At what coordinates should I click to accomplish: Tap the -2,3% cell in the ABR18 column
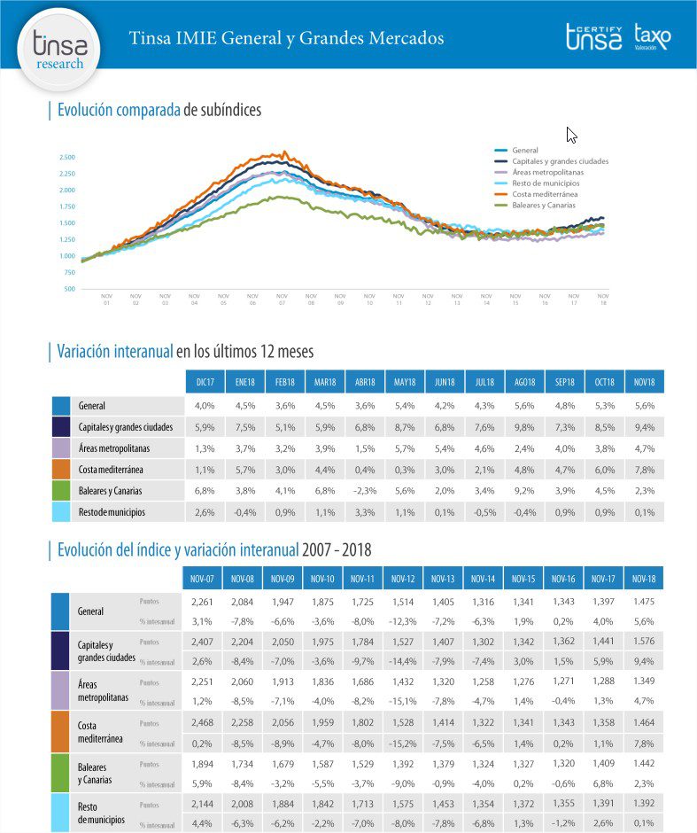pyautogui.click(x=364, y=490)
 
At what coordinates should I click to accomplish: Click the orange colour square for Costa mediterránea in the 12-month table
pyautogui.click(x=61, y=469)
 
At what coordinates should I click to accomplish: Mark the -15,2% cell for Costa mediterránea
pyautogui.click(x=403, y=743)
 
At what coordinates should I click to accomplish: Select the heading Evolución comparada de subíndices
pyautogui.click(x=159, y=110)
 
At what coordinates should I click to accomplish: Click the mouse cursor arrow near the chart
pyautogui.click(x=571, y=135)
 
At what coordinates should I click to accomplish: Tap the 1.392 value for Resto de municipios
pyautogui.click(x=643, y=802)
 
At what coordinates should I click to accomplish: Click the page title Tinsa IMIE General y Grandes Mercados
pyautogui.click(x=286, y=38)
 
